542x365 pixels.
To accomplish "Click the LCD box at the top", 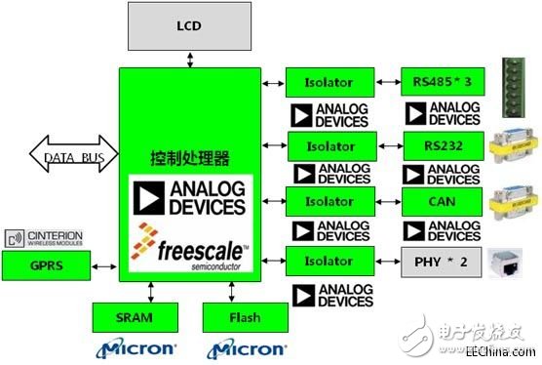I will point(189,26).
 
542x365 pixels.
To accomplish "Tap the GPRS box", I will point(45,264).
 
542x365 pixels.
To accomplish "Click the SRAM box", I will point(135,316).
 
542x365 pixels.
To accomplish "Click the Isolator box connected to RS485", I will point(328,82).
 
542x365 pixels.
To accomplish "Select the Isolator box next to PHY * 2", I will point(328,262).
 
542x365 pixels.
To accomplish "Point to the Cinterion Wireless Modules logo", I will point(45,238).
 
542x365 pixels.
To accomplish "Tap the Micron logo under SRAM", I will point(135,347).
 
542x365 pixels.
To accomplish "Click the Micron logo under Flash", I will point(245,347).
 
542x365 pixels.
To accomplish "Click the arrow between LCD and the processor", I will point(189,61).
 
